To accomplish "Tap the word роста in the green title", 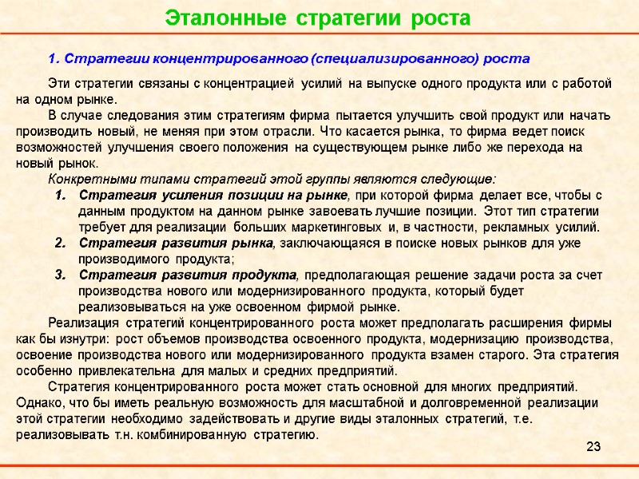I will [x=440, y=17].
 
